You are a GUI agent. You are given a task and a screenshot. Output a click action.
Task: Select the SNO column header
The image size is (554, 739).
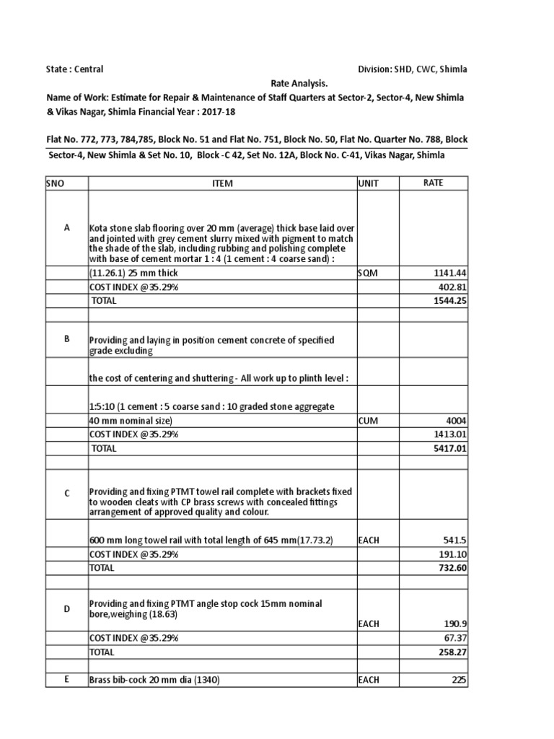point(55,183)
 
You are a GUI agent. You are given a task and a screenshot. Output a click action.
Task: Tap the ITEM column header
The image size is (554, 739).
point(222,183)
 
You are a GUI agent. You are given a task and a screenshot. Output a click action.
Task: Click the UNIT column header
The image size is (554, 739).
point(368,183)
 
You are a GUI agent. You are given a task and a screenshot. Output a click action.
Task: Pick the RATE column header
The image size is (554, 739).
point(433,183)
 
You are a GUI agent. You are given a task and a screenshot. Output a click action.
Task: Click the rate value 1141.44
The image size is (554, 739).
point(451,274)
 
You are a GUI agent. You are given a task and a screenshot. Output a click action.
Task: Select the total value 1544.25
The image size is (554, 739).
point(451,300)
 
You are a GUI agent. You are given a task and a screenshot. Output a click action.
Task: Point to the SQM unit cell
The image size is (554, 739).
point(367,274)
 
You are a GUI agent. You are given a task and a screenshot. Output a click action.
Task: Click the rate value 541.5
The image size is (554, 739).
point(455,541)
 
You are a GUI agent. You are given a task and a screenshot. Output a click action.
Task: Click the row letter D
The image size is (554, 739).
point(66,609)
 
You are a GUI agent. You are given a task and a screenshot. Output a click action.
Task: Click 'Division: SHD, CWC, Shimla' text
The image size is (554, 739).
point(412,69)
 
